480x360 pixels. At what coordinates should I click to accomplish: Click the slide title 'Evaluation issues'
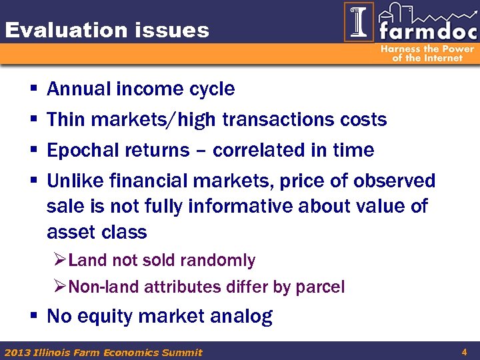107,30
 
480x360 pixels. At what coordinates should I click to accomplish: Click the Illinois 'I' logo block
359,22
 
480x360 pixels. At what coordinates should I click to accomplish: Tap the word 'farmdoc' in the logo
426,31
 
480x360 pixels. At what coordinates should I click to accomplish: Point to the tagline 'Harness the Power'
427,49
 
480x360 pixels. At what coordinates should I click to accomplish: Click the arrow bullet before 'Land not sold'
59,260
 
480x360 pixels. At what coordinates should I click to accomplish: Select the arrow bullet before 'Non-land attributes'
59,287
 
